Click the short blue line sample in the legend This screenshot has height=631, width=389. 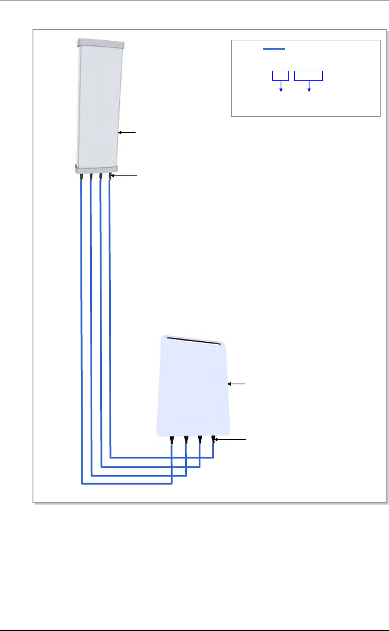click(274, 49)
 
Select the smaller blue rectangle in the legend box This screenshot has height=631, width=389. click(280, 76)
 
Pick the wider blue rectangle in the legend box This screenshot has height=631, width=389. click(309, 76)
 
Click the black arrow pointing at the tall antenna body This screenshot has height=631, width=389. click(127, 131)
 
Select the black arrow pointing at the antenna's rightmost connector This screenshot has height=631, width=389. click(125, 176)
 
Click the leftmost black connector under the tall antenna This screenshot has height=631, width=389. click(81, 177)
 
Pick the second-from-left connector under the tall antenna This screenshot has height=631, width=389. click(91, 177)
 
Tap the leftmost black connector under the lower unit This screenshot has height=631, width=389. click(172, 440)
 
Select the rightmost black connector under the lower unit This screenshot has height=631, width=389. click(213, 439)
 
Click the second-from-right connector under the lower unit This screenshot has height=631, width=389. click(200, 439)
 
